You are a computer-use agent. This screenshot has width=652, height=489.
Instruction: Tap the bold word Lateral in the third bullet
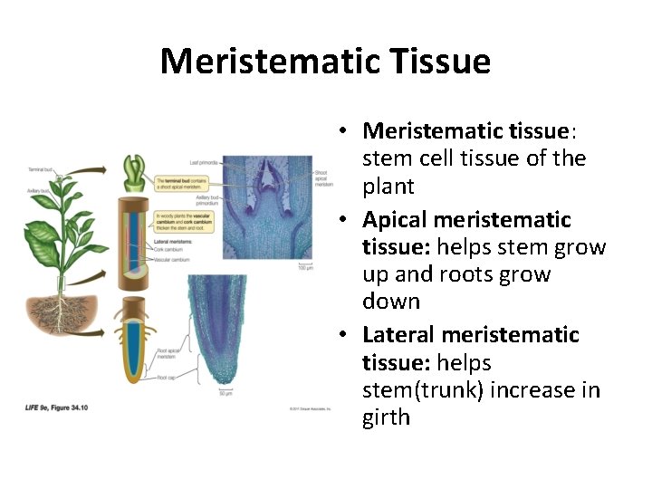click(x=399, y=335)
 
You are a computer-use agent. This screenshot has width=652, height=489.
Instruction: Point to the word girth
click(x=386, y=418)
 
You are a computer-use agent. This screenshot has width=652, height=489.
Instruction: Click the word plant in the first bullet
click(x=388, y=187)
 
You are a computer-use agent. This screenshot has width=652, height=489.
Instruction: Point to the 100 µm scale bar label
click(x=306, y=268)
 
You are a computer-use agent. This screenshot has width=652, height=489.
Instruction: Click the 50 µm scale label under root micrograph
click(x=225, y=393)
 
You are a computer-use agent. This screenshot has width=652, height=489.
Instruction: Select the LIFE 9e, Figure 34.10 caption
click(x=56, y=408)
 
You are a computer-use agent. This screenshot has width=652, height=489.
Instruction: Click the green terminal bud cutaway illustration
click(x=134, y=170)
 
